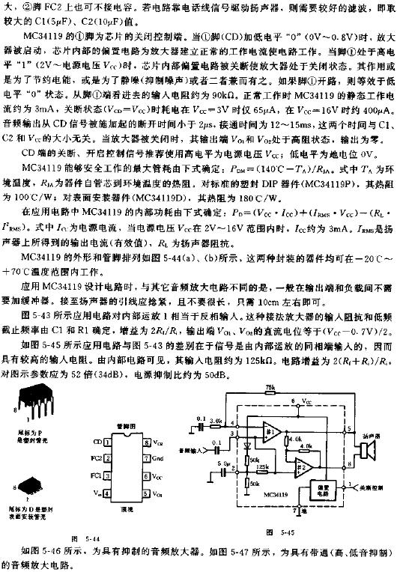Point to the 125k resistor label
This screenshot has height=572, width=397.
263,466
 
